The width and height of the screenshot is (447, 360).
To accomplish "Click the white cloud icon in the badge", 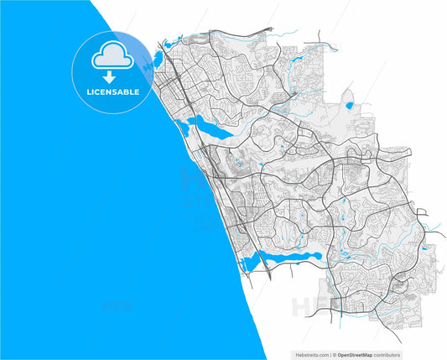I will (112, 56).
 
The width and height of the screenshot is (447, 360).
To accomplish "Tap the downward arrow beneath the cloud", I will (112, 76).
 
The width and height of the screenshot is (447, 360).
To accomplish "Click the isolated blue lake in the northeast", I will (349, 105).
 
